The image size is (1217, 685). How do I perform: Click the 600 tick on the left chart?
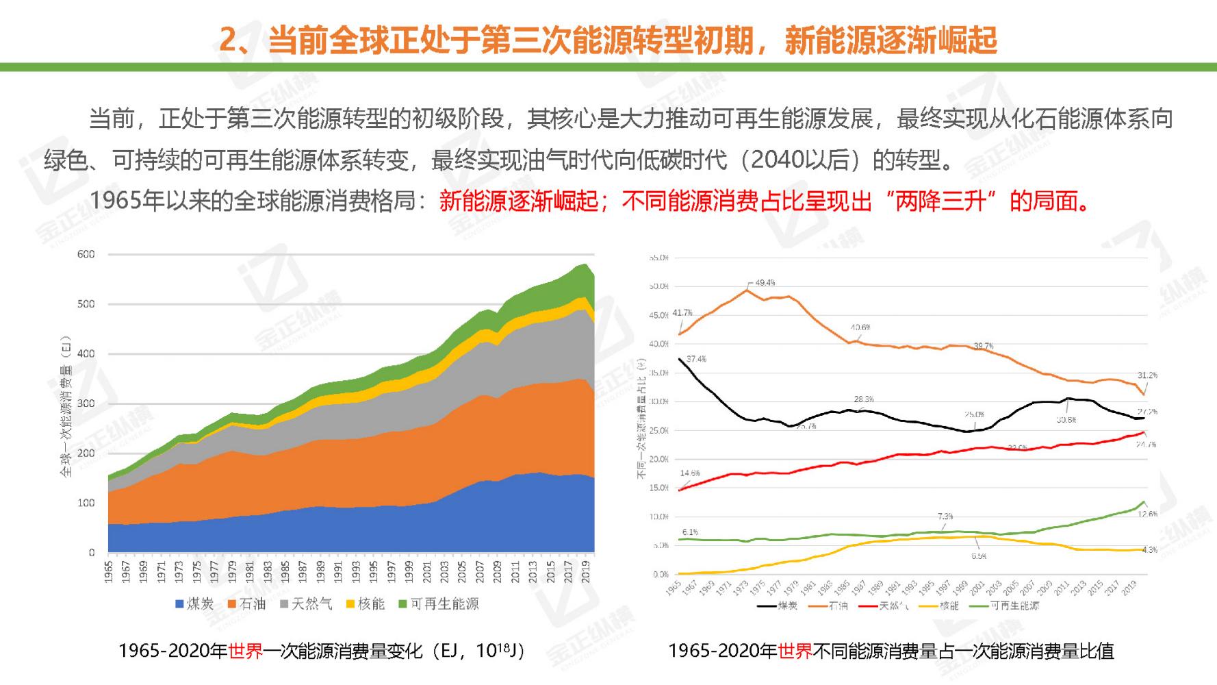[86, 254]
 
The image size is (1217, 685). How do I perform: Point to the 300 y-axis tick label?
[86, 403]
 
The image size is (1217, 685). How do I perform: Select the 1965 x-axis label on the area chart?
[109, 572]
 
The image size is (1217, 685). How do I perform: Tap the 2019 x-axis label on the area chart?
[587, 572]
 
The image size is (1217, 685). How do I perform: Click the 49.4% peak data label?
[765, 282]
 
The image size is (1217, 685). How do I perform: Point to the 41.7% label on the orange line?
[682, 313]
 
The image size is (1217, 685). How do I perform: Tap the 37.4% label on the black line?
[696, 359]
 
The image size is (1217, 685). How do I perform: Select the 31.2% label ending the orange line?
[1147, 375]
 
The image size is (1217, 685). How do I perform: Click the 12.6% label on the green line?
[1147, 514]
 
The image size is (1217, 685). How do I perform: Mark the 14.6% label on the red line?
[690, 473]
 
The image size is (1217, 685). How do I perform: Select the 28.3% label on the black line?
[864, 399]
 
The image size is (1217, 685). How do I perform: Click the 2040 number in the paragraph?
[778, 160]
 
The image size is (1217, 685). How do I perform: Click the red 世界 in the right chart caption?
[795, 651]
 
